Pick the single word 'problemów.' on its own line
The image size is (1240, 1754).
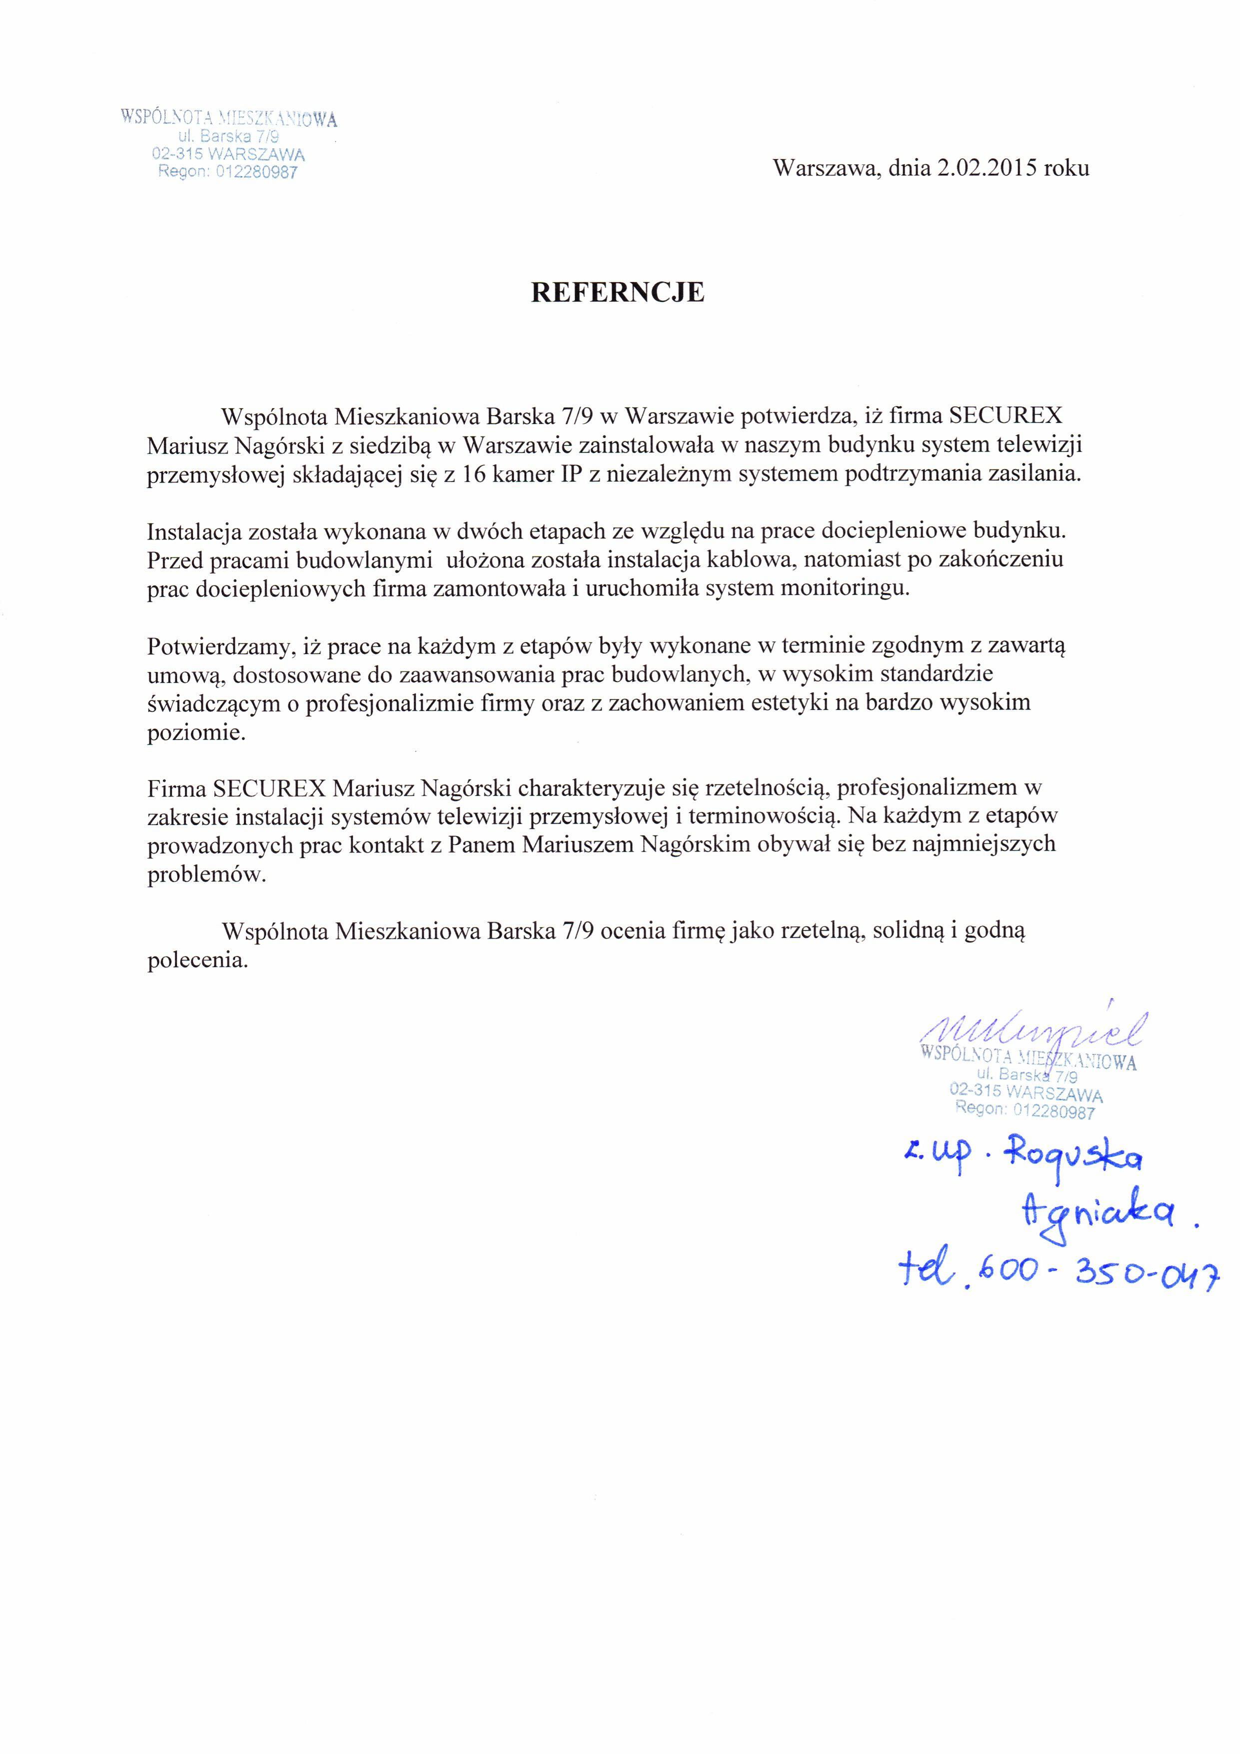point(207,874)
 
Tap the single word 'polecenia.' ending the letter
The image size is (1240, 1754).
point(198,960)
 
